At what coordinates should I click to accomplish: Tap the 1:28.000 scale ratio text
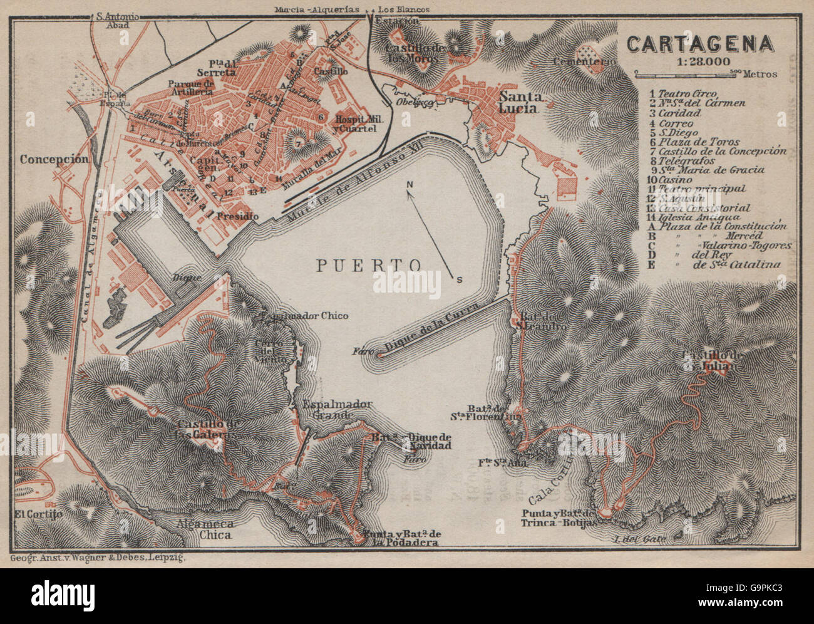pyautogui.click(x=699, y=61)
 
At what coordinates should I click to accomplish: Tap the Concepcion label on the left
pyautogui.click(x=54, y=159)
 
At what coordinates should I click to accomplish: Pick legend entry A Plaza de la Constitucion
pyautogui.click(x=718, y=226)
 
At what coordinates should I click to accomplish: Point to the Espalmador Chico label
pyautogui.click(x=302, y=316)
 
